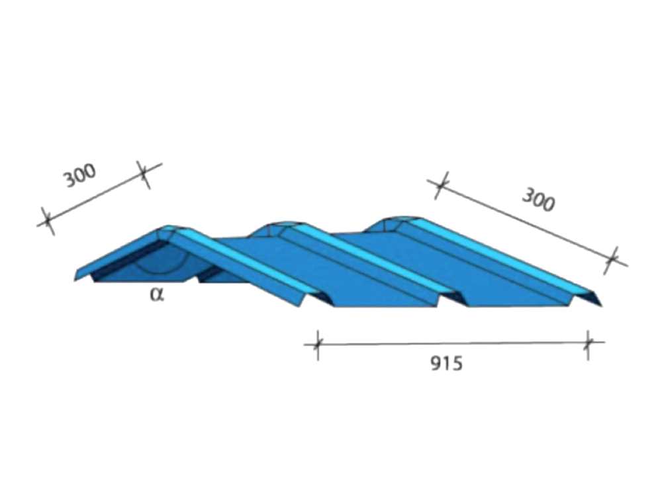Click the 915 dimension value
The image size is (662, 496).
pyautogui.click(x=446, y=363)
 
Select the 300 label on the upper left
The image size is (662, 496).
pyautogui.click(x=80, y=175)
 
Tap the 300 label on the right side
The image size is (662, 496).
pyautogui.click(x=538, y=200)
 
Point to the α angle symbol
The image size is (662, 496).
pyautogui.click(x=157, y=295)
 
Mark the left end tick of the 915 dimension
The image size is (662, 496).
pyautogui.click(x=318, y=345)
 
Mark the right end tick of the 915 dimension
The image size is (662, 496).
pyautogui.click(x=588, y=343)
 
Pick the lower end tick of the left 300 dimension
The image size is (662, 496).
pyautogui.click(x=48, y=221)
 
